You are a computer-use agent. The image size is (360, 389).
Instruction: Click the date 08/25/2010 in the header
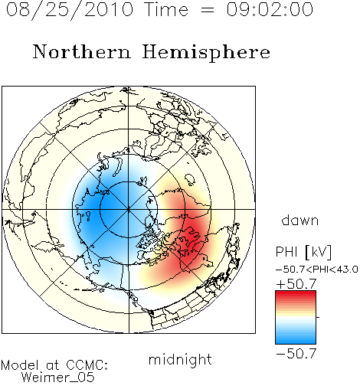[x=70, y=10]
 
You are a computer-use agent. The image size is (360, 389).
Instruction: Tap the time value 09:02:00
[x=270, y=9]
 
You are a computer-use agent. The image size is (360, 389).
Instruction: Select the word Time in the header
[x=166, y=9]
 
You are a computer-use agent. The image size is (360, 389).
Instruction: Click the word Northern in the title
[x=82, y=51]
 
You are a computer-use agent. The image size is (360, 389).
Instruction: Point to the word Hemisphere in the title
[x=206, y=53]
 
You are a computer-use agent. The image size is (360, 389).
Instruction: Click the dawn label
[x=300, y=220]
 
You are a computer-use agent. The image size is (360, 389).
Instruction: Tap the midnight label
[x=180, y=359]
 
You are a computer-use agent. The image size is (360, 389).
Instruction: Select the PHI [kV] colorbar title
[x=303, y=252]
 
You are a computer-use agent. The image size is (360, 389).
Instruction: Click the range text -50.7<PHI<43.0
[x=317, y=270]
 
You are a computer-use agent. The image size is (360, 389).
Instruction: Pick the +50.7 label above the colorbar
[x=296, y=283]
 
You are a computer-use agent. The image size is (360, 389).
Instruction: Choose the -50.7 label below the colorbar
[x=296, y=354]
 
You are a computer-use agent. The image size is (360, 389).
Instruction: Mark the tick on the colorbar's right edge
[x=318, y=317]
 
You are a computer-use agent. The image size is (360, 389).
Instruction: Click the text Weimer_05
[x=58, y=378]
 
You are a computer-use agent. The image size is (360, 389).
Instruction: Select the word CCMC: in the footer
[x=87, y=365]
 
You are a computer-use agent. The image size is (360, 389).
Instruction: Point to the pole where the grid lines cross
[x=129, y=210]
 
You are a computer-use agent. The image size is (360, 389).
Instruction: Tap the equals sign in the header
[x=208, y=10]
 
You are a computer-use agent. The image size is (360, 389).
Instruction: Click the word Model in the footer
[x=20, y=365]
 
